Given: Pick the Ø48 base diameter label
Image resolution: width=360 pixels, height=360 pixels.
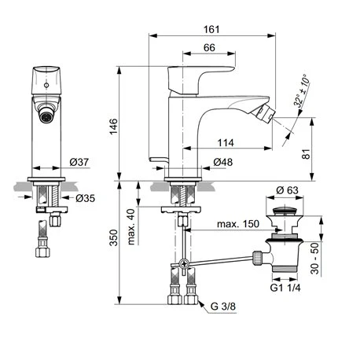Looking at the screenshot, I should (222, 163).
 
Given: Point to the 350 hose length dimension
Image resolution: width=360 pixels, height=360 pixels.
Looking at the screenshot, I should (113, 237).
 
